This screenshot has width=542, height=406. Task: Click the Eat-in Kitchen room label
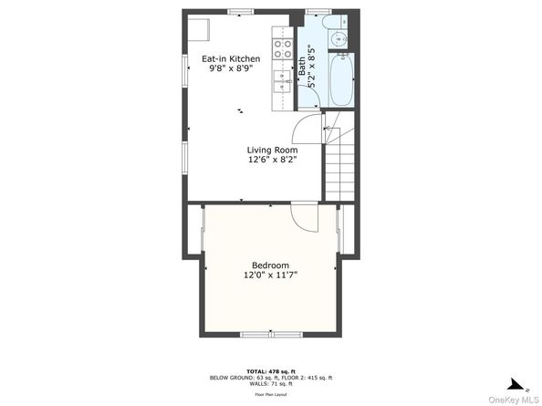coord(231,59)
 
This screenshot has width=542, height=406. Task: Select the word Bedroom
coord(270,265)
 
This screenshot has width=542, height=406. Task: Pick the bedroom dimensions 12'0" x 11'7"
coord(270,275)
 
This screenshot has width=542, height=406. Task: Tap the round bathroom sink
coord(338,38)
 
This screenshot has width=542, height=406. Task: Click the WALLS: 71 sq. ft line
coord(271,383)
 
